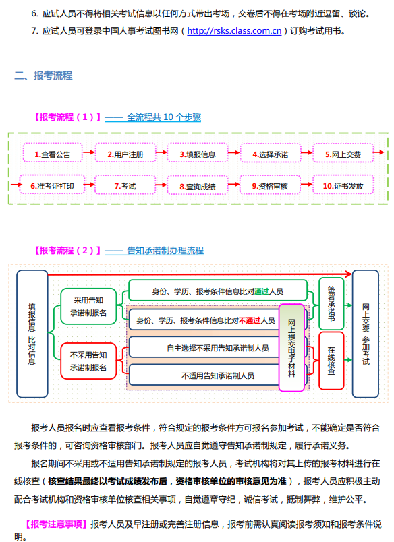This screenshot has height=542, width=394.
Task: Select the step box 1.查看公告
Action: [x=53, y=154]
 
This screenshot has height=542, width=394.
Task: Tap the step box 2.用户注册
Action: [x=125, y=154]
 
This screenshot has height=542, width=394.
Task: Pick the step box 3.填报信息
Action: [x=198, y=154]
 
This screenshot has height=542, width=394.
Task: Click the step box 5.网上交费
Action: [x=343, y=154]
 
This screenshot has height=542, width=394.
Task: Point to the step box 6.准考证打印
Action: [x=53, y=185]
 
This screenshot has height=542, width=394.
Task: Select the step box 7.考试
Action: [x=125, y=185]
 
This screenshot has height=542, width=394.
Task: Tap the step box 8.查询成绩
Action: [x=198, y=186]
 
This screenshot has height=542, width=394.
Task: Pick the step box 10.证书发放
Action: [x=343, y=185]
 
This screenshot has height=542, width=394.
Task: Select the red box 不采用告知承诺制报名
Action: [x=88, y=361]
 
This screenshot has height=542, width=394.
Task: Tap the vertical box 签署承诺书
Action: [x=331, y=299]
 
